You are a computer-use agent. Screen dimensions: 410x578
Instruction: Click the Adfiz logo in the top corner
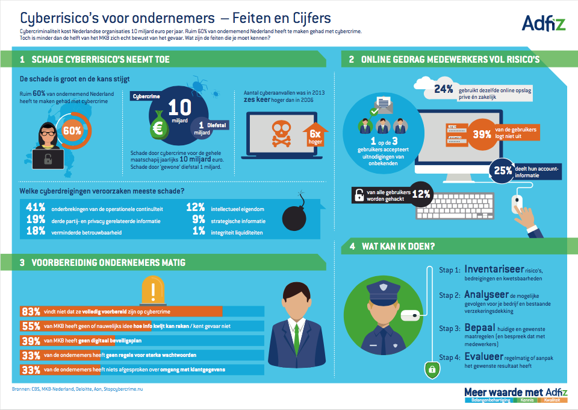point(543,24)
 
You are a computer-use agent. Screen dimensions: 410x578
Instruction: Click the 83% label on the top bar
point(30,312)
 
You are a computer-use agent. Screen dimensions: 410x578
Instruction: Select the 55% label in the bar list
point(30,326)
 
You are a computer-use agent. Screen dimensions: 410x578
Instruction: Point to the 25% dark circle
point(504,171)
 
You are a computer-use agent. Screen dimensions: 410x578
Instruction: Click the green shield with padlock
point(430,369)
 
